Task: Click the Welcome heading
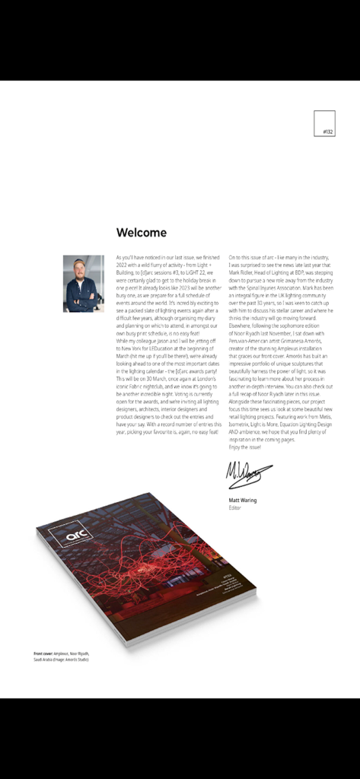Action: (x=141, y=233)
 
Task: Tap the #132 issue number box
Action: (x=324, y=124)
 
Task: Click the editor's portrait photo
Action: (x=83, y=284)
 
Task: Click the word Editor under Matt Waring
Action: (x=234, y=507)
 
